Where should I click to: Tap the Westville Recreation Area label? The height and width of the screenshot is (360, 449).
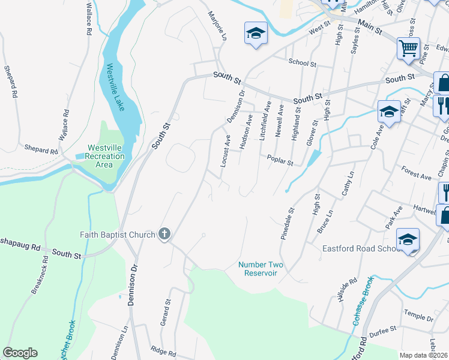pos(106,156)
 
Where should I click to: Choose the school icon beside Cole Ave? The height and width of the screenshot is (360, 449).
pos(388,112)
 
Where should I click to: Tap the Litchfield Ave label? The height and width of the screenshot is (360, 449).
pos(264,121)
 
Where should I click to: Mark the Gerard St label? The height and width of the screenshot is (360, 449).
pos(166,314)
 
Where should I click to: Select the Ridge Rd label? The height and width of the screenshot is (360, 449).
pos(163,353)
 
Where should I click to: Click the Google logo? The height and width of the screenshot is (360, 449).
pos(20,353)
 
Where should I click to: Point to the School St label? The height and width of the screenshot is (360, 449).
pos(302,62)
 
